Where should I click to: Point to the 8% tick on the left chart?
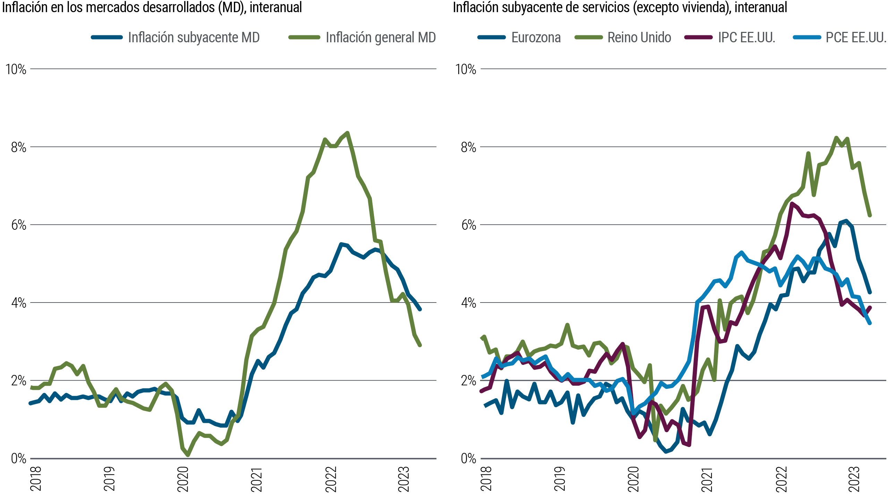pos(18,147)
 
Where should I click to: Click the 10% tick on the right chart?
pos(465,69)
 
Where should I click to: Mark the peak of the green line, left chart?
pos(347,133)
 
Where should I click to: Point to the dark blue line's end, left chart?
pos(420,309)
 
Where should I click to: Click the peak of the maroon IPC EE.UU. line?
pos(792,204)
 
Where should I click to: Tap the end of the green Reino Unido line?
pos(870,216)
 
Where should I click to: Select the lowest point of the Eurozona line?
pos(666,452)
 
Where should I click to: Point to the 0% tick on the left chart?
pos(18,459)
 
